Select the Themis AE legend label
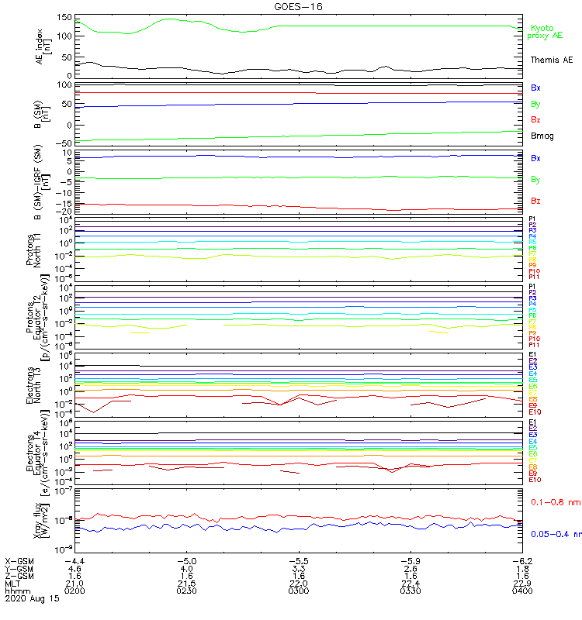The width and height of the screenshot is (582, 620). click(x=551, y=60)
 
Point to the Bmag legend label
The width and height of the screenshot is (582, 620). click(x=542, y=136)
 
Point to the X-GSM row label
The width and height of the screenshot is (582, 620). click(x=19, y=560)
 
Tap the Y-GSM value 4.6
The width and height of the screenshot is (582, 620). click(x=74, y=568)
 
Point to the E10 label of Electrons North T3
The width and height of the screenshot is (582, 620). click(x=535, y=412)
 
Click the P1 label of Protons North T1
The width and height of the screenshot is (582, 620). click(x=532, y=219)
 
